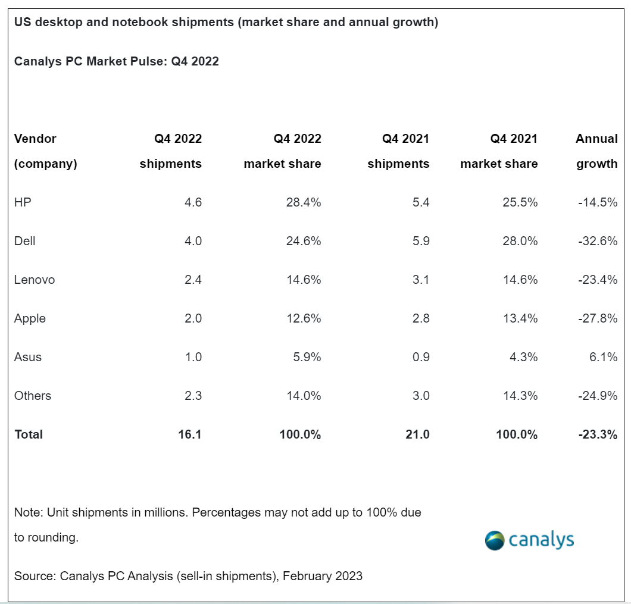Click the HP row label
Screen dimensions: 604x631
pos(23,202)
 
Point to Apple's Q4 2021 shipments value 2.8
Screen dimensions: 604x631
pos(420,318)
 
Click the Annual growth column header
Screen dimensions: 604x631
pos(596,151)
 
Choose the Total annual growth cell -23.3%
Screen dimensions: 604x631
pos(598,434)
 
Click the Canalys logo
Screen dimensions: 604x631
pos(529,540)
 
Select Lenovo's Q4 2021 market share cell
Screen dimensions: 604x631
pos(520,280)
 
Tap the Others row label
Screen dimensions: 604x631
pos(33,396)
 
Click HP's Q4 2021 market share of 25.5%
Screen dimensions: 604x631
pos(520,202)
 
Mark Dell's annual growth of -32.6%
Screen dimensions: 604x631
pos(598,241)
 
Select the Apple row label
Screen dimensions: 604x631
pos(30,318)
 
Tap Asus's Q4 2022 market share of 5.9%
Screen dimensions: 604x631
pos(307,357)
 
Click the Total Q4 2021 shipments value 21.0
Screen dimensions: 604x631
pos(417,434)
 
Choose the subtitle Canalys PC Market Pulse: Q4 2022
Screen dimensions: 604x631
pos(117,61)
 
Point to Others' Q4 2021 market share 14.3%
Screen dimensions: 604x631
pos(520,396)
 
